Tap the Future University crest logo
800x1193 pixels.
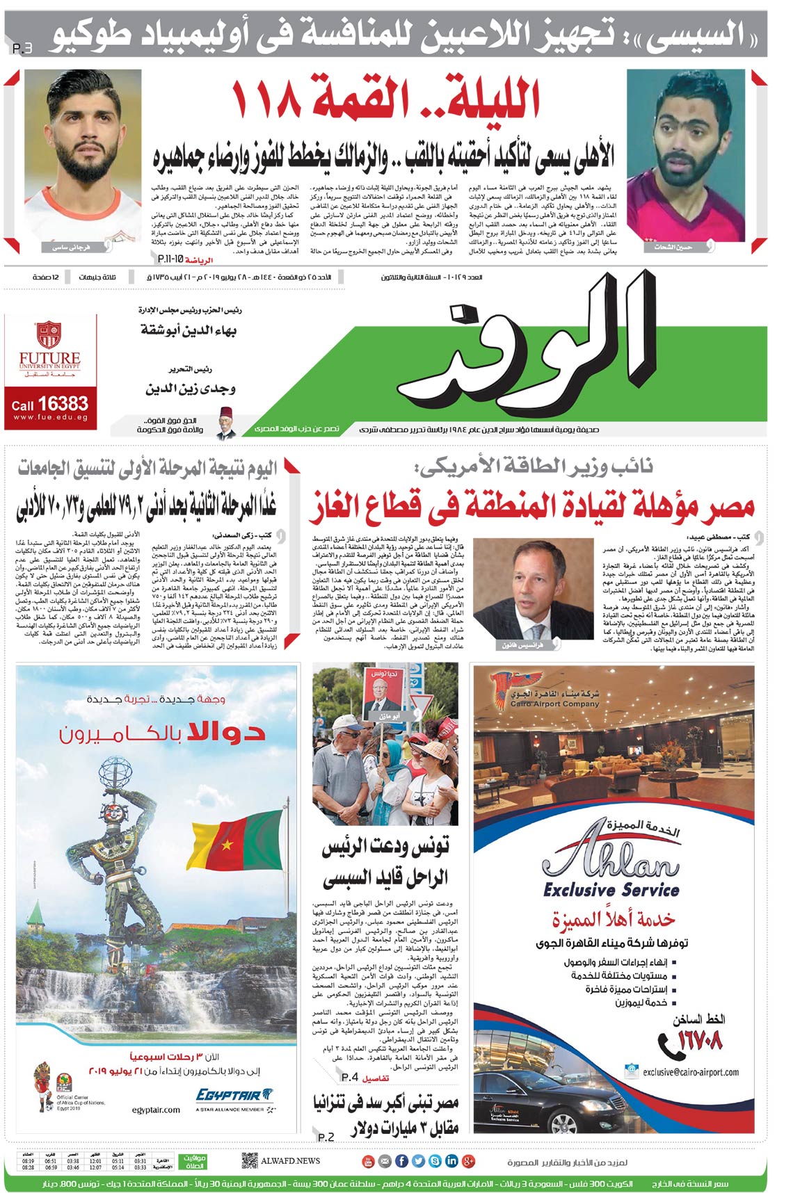click(48, 334)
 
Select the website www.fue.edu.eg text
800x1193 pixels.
click(49, 418)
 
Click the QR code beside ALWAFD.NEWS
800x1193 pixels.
click(250, 1160)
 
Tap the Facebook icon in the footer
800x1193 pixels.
click(401, 1160)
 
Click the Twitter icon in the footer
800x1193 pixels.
click(418, 1160)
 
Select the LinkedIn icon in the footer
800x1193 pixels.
click(451, 1160)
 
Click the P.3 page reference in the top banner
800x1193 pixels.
click(22, 49)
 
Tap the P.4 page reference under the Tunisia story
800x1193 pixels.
click(350, 1077)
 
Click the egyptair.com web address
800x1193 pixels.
click(156, 1110)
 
